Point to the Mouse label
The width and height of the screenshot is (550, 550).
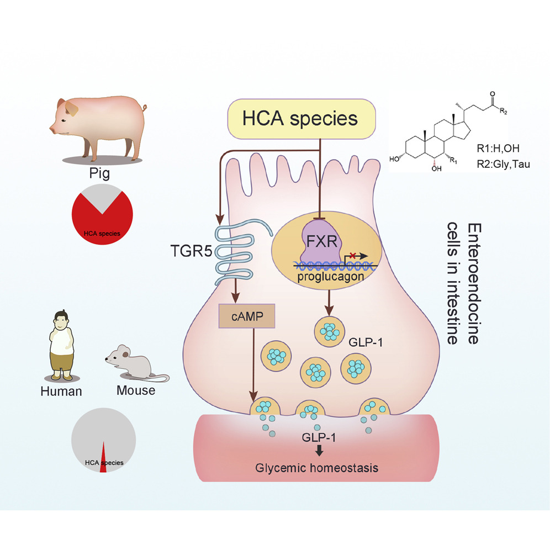pos(136,390)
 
